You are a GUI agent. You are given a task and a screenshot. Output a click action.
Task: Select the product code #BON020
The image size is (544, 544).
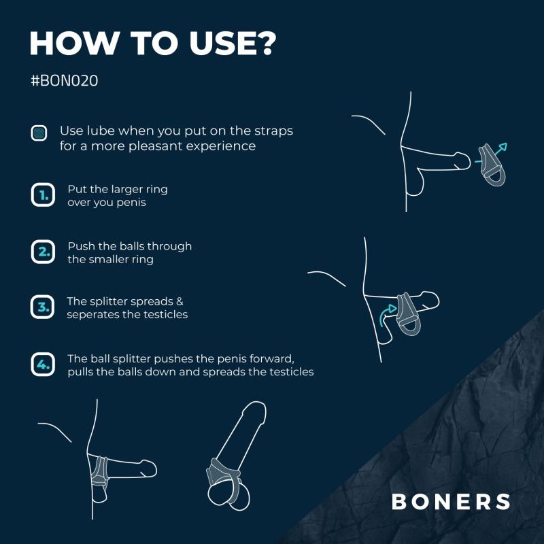(65, 80)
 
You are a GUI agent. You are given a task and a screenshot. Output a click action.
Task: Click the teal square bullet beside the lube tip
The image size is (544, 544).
(39, 133)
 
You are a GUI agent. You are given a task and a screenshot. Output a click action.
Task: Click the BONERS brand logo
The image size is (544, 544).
(451, 502)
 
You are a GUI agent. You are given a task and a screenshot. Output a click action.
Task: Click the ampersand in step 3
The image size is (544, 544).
(180, 301)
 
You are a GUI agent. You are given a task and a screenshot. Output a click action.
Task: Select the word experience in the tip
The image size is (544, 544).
(224, 146)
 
